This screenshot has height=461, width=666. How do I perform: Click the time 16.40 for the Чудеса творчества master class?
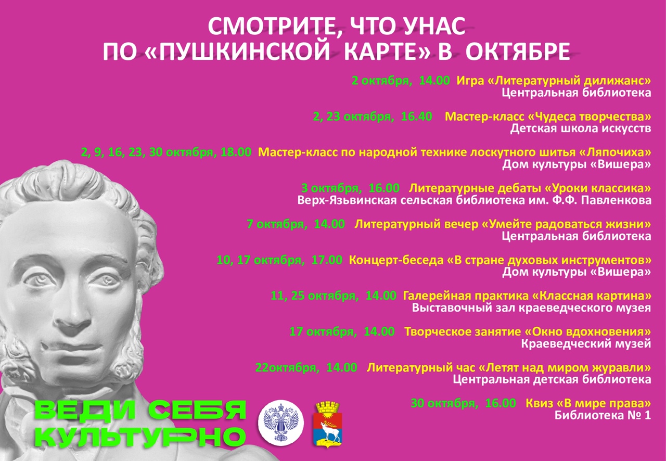pos(416,117)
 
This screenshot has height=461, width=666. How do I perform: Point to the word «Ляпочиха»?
pos(615,152)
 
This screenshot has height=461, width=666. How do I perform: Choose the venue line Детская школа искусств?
pos(581,129)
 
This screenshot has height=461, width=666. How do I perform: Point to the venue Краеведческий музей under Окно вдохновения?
pos(586,344)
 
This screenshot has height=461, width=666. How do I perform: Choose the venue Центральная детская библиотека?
pos(552,380)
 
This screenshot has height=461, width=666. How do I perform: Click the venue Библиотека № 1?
pos(603,416)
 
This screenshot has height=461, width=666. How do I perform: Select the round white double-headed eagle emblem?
pos(280,422)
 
